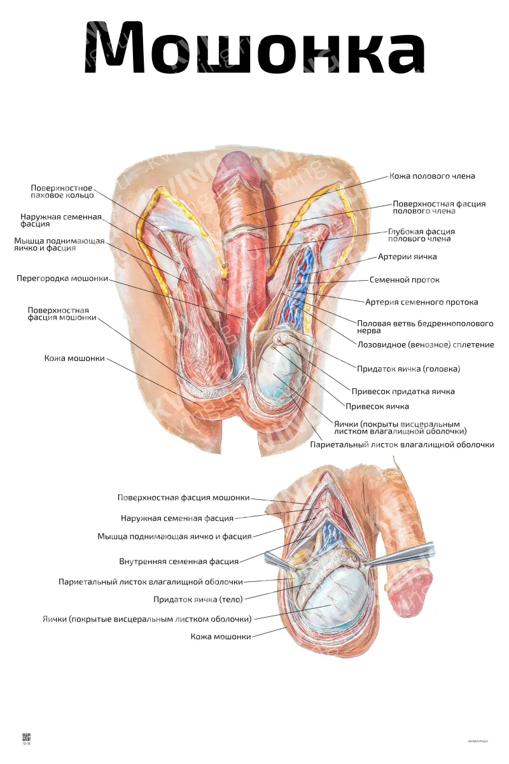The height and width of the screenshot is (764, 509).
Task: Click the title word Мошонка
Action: pyautogui.click(x=254, y=47)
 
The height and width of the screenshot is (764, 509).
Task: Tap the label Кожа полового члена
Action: pyautogui.click(x=432, y=176)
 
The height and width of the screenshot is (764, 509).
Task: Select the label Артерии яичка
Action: pyautogui.click(x=407, y=257)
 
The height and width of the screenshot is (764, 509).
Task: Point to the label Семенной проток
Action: pyautogui.click(x=404, y=280)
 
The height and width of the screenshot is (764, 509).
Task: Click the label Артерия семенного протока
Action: pyautogui.click(x=421, y=302)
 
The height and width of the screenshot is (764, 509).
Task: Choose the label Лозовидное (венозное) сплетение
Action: pyautogui.click(x=426, y=344)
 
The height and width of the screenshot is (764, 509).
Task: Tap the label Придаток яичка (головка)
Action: pyautogui.click(x=408, y=369)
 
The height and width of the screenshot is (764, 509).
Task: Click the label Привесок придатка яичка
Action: pyautogui.click(x=403, y=391)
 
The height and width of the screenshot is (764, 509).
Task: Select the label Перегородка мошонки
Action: pyautogui.click(x=62, y=279)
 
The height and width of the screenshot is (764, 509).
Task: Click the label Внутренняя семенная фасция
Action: pyautogui.click(x=179, y=561)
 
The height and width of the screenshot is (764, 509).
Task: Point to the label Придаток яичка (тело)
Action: pyautogui.click(x=198, y=599)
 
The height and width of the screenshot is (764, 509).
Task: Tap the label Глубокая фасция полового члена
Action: pyautogui.click(x=421, y=235)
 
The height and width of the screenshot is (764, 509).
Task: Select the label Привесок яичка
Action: pyautogui.click(x=377, y=406)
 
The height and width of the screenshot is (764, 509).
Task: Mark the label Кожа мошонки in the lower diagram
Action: pyautogui.click(x=221, y=636)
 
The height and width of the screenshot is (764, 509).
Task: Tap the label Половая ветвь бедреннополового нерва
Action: pyautogui.click(x=425, y=327)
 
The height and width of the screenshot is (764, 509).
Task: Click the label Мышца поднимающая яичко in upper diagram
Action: pyautogui.click(x=59, y=244)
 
